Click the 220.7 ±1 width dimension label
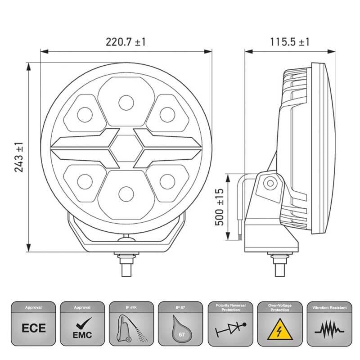126,42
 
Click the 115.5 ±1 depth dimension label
290,42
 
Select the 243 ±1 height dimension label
18,157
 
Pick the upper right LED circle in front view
166,113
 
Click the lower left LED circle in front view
85,181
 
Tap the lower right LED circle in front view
166,181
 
